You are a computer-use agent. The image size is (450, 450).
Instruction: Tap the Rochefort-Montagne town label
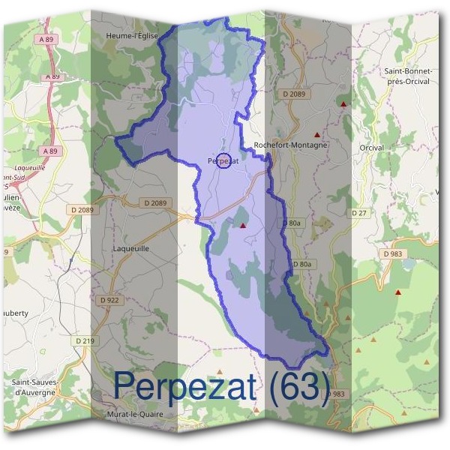click(291, 145)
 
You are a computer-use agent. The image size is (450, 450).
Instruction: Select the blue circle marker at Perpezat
click(223, 160)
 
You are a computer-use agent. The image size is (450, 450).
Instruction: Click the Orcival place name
click(371, 148)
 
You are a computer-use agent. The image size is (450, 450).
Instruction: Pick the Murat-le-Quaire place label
click(136, 413)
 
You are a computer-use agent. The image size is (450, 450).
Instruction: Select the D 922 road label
click(109, 300)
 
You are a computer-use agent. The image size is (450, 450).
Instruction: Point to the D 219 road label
click(85, 341)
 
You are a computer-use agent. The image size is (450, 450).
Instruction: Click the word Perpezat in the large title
click(189, 385)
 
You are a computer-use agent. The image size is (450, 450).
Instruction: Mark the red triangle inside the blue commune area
click(243, 224)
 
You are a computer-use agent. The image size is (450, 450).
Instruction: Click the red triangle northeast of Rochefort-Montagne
click(343, 104)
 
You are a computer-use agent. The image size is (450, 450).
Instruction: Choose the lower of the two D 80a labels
click(301, 264)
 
